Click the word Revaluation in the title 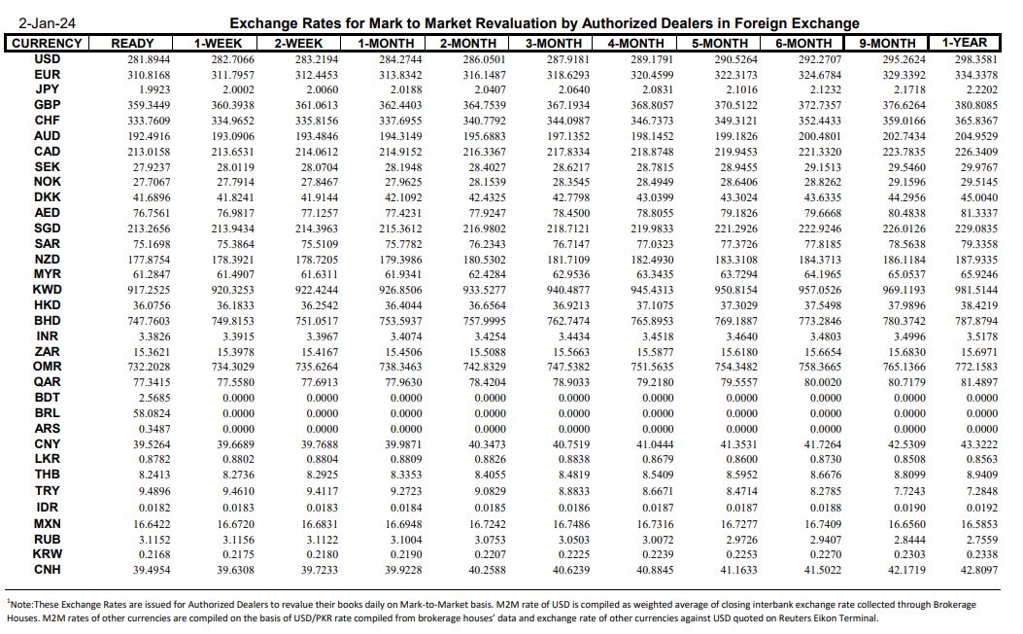pyautogui.click(x=516, y=22)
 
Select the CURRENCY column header pyautogui.click(x=47, y=43)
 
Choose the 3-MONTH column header pyautogui.click(x=554, y=43)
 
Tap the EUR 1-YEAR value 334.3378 pyautogui.click(x=974, y=74)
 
